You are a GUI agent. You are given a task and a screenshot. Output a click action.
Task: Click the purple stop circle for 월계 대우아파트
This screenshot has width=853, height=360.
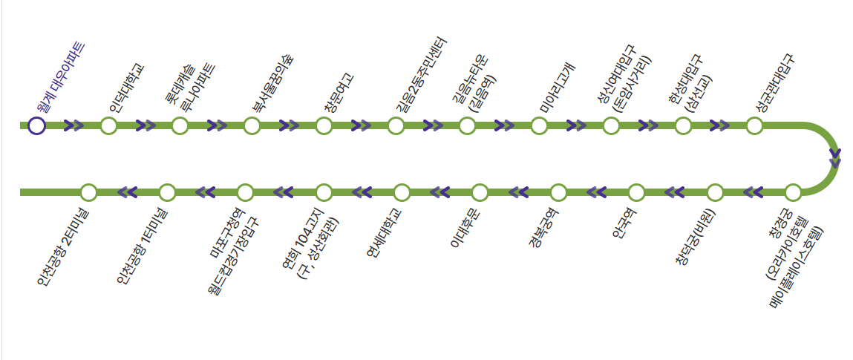(x=36, y=125)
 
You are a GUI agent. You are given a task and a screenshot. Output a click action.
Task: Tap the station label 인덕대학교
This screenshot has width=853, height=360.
(x=126, y=88)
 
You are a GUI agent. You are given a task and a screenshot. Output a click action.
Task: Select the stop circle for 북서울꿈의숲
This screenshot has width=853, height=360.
(x=252, y=125)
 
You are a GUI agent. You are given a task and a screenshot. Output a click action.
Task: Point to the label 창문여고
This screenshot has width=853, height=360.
(x=339, y=92)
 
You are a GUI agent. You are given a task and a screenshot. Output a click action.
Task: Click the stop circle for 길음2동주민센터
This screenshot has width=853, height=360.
(x=395, y=125)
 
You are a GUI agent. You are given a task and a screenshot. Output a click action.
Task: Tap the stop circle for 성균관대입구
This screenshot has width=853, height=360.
(x=754, y=125)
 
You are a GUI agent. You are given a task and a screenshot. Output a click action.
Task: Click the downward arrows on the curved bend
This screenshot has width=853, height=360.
(x=835, y=157)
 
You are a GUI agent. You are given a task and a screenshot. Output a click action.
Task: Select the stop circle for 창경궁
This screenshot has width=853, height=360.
(x=793, y=193)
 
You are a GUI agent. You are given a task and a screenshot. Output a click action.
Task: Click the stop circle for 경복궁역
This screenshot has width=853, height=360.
(x=558, y=193)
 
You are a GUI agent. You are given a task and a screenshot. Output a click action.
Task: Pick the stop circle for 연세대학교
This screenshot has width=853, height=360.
(x=402, y=193)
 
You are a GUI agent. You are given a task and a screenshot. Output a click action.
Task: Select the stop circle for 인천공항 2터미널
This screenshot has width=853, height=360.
(x=88, y=193)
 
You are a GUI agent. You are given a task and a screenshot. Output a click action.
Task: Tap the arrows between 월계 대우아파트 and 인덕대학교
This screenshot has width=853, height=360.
(x=73, y=125)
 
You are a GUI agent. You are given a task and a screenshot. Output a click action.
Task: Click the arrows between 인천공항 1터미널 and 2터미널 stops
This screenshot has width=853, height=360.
(x=128, y=193)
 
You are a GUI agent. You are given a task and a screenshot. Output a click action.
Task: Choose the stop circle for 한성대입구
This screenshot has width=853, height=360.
(x=683, y=125)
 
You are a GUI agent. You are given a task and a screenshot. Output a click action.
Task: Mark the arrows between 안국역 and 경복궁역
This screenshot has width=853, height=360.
(x=597, y=193)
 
